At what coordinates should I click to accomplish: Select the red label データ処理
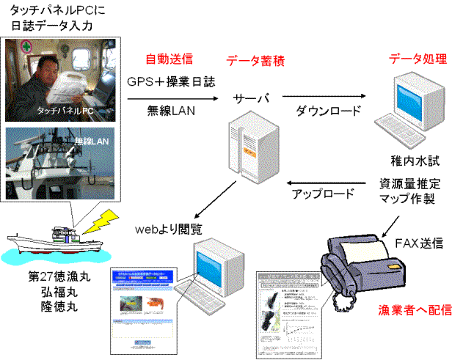pyautogui.click(x=416, y=59)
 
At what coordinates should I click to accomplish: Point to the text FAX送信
pyautogui.click(x=419, y=243)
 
